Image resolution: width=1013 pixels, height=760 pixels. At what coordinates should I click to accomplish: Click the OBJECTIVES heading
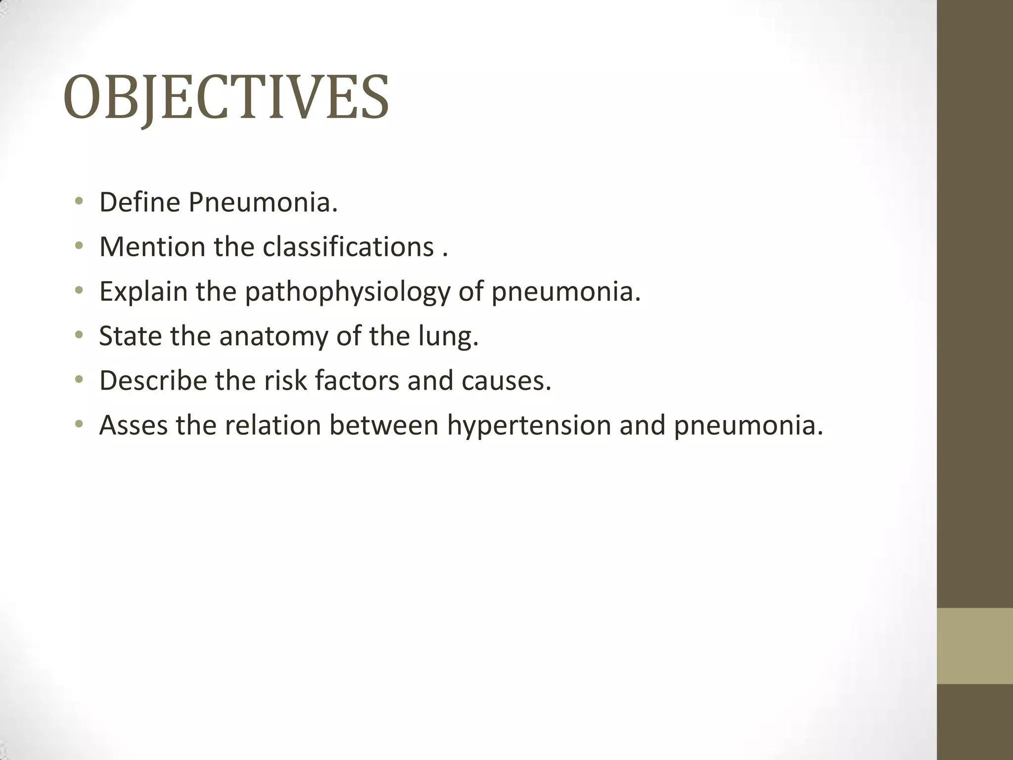pos(226,97)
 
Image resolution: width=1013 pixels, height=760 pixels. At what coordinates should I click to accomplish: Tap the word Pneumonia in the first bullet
pos(263,202)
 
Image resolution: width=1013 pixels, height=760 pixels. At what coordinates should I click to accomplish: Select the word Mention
pos(152,246)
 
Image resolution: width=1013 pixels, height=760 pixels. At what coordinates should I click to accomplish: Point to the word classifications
pos(348,246)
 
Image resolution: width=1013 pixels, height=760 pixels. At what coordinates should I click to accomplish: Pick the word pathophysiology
pos(347,292)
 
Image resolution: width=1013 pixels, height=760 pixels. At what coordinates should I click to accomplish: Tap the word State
pos(130,336)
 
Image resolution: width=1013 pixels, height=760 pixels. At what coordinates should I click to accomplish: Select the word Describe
pos(153,380)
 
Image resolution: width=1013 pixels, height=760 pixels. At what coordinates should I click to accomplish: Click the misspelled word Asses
pos(133,425)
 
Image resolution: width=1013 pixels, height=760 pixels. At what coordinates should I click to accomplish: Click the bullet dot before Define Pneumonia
pos(78,202)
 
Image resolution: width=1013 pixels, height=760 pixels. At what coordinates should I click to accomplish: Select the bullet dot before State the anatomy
pos(78,335)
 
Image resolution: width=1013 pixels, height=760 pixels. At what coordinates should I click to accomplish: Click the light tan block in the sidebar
pos(974,646)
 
